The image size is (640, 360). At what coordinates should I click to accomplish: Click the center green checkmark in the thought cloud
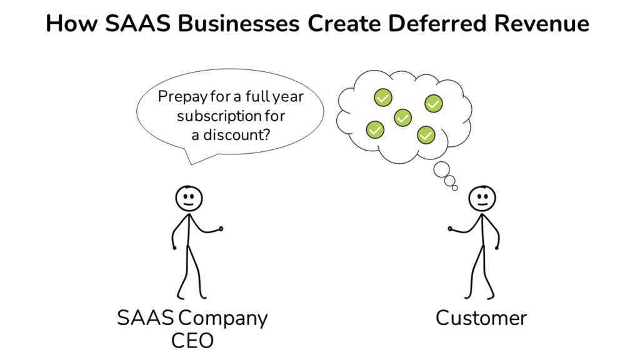click(403, 117)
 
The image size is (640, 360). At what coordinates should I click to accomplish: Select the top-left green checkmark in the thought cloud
click(382, 97)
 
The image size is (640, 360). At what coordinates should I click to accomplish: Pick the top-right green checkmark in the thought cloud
click(434, 103)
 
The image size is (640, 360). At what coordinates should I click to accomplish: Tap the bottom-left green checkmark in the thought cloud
click(374, 129)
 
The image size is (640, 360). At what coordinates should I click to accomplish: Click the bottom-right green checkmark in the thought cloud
click(426, 134)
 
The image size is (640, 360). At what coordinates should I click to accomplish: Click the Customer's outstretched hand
click(451, 229)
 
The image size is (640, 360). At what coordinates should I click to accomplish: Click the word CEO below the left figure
click(192, 341)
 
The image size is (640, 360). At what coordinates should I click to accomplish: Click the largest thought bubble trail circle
click(442, 168)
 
